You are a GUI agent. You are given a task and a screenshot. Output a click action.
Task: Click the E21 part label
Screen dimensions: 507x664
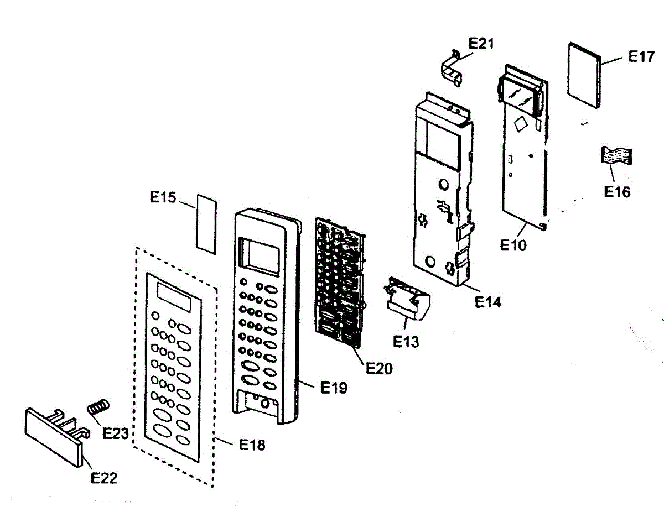(x=481, y=44)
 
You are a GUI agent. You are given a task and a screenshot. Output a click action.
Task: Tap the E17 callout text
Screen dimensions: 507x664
(x=642, y=56)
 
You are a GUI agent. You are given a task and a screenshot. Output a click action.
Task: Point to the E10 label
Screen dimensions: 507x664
(x=514, y=245)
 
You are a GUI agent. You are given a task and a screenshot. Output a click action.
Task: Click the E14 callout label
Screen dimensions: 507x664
(x=487, y=302)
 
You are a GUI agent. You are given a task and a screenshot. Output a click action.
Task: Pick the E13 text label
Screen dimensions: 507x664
(x=406, y=341)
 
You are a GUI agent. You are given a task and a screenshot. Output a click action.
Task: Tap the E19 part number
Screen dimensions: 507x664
(x=334, y=388)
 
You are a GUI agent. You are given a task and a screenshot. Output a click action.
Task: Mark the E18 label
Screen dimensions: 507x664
(x=252, y=444)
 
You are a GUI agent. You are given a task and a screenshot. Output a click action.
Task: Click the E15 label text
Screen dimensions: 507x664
(x=163, y=197)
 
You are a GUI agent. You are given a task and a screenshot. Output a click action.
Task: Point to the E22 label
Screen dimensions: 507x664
(x=103, y=478)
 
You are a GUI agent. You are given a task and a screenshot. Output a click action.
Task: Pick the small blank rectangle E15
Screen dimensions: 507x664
(x=206, y=223)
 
